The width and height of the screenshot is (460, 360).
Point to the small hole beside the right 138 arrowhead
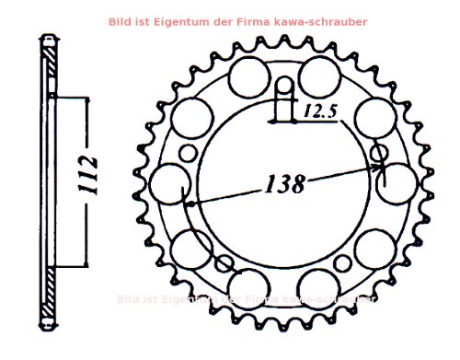click(377, 152)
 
